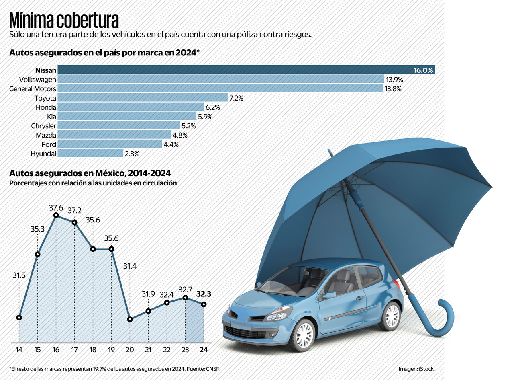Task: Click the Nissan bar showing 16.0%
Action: click(x=246, y=70)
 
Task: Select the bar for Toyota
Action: click(x=143, y=98)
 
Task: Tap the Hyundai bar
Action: click(x=90, y=153)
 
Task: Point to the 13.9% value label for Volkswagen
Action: click(x=394, y=79)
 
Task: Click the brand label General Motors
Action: click(x=33, y=88)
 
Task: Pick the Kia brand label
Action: click(x=51, y=117)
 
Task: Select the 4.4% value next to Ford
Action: click(x=171, y=144)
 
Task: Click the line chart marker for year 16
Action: click(x=56, y=215)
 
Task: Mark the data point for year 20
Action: click(x=130, y=319)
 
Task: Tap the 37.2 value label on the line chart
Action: click(x=75, y=210)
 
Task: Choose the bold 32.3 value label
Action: click(x=204, y=294)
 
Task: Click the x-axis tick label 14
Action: click(x=19, y=350)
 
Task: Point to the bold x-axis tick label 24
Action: click(x=204, y=350)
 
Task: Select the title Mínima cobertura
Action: click(x=64, y=20)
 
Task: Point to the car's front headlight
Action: click(x=279, y=314)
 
